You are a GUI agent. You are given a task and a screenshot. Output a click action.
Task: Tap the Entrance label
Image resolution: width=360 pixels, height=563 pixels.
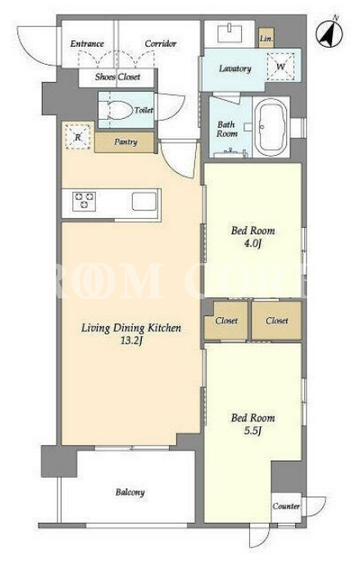point(87,43)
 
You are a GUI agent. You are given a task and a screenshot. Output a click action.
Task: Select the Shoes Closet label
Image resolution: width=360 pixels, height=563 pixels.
point(117,77)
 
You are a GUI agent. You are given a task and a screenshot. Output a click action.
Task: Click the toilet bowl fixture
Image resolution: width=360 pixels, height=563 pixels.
point(116,111)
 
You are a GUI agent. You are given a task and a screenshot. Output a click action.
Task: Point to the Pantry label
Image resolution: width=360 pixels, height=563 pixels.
point(125,142)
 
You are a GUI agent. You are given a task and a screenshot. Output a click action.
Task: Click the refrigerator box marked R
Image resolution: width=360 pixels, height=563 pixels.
point(78,136)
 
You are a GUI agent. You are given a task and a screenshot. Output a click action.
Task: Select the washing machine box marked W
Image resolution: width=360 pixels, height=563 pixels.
point(280,66)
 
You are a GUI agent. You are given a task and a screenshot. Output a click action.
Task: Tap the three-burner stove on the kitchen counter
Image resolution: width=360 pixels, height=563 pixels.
point(84,201)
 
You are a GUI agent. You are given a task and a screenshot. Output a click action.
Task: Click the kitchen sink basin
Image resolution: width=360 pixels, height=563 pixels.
point(144,201)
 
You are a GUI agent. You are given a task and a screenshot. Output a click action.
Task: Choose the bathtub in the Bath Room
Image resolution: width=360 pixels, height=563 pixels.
point(271,127)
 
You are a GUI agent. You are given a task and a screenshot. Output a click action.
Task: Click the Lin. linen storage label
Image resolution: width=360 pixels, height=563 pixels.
point(267,39)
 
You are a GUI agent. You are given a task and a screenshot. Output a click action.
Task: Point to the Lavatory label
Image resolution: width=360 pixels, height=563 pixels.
point(235,69)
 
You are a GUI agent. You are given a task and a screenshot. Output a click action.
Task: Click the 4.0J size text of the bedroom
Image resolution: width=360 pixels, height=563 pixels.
point(253,243)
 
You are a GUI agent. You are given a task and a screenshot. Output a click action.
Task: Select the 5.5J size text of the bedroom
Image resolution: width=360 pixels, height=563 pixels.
point(253,430)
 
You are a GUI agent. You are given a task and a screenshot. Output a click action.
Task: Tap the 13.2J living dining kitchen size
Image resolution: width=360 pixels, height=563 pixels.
point(131,340)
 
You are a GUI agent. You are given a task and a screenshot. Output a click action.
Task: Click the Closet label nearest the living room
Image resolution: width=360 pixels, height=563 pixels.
point(226,320)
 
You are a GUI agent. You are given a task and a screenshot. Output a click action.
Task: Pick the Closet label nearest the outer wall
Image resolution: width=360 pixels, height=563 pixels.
point(276,320)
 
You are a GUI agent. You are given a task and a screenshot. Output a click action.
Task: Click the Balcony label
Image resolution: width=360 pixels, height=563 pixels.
point(130,493)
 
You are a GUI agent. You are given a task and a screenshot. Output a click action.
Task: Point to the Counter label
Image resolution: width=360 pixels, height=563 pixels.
point(286,506)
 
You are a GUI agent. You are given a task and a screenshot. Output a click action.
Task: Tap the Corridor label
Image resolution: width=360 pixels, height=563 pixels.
point(161,43)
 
